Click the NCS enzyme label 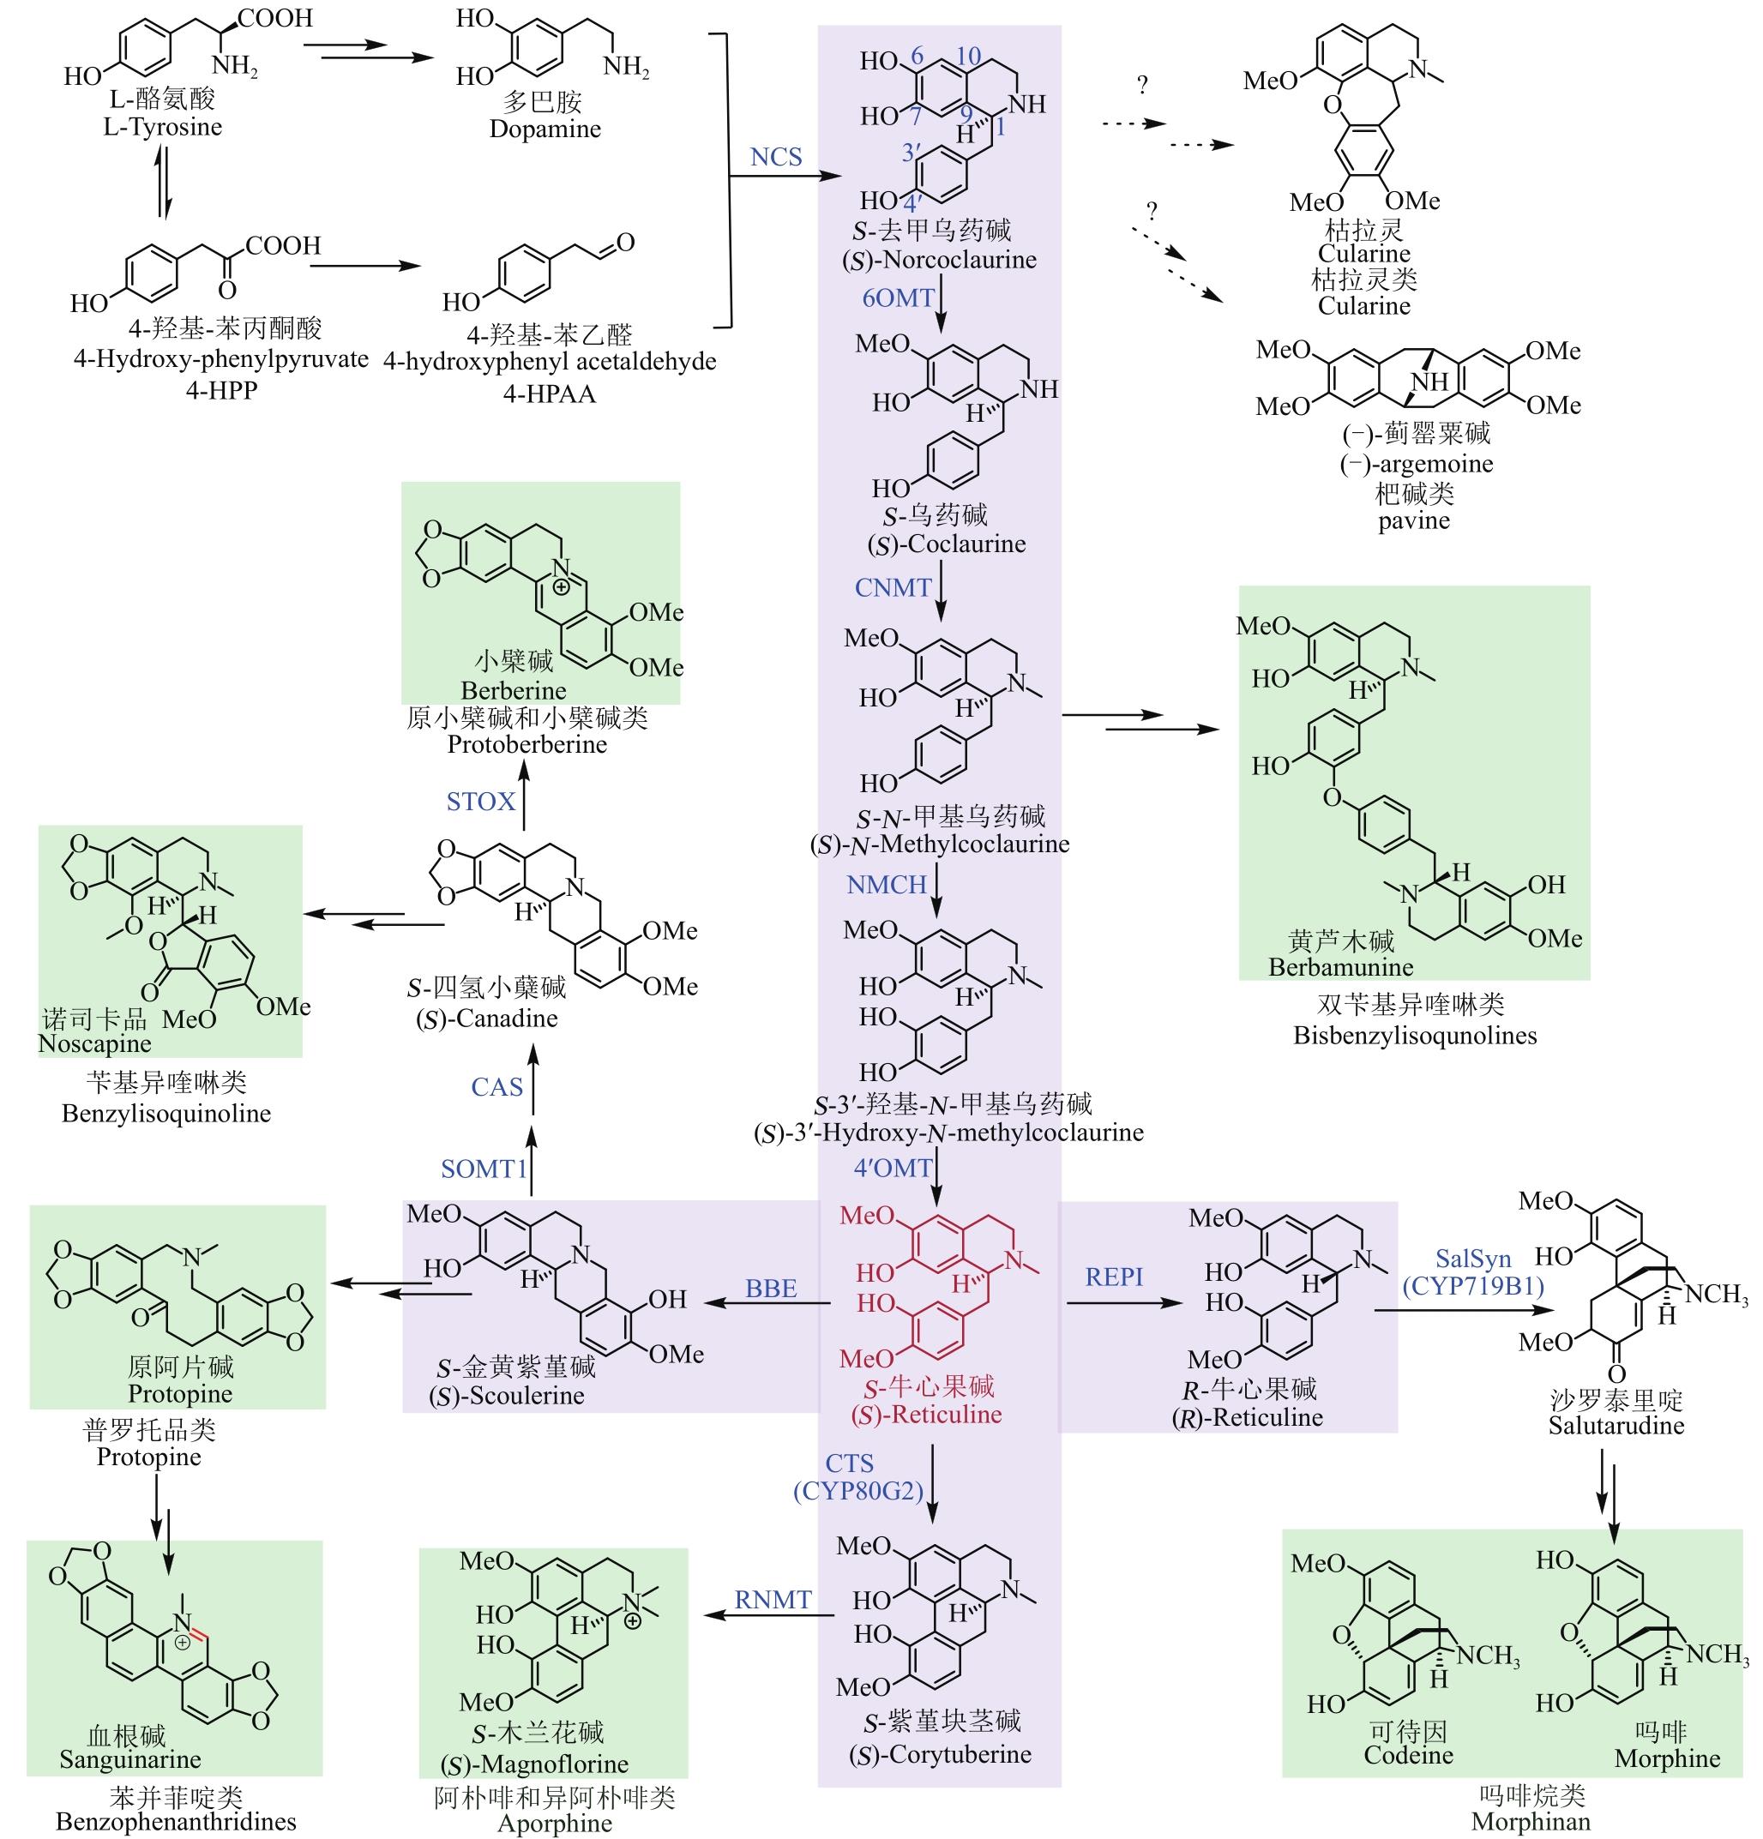776,157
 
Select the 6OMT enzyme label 898,298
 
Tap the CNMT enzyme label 893,588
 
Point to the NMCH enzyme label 887,885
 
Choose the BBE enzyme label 770,1289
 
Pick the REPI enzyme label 1114,1277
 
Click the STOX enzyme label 480,802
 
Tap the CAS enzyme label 496,1087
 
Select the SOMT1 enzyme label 484,1169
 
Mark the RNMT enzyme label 773,1600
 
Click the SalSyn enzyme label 1473,1259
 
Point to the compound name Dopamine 545,129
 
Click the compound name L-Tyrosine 162,128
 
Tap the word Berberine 514,690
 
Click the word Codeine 1407,1756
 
